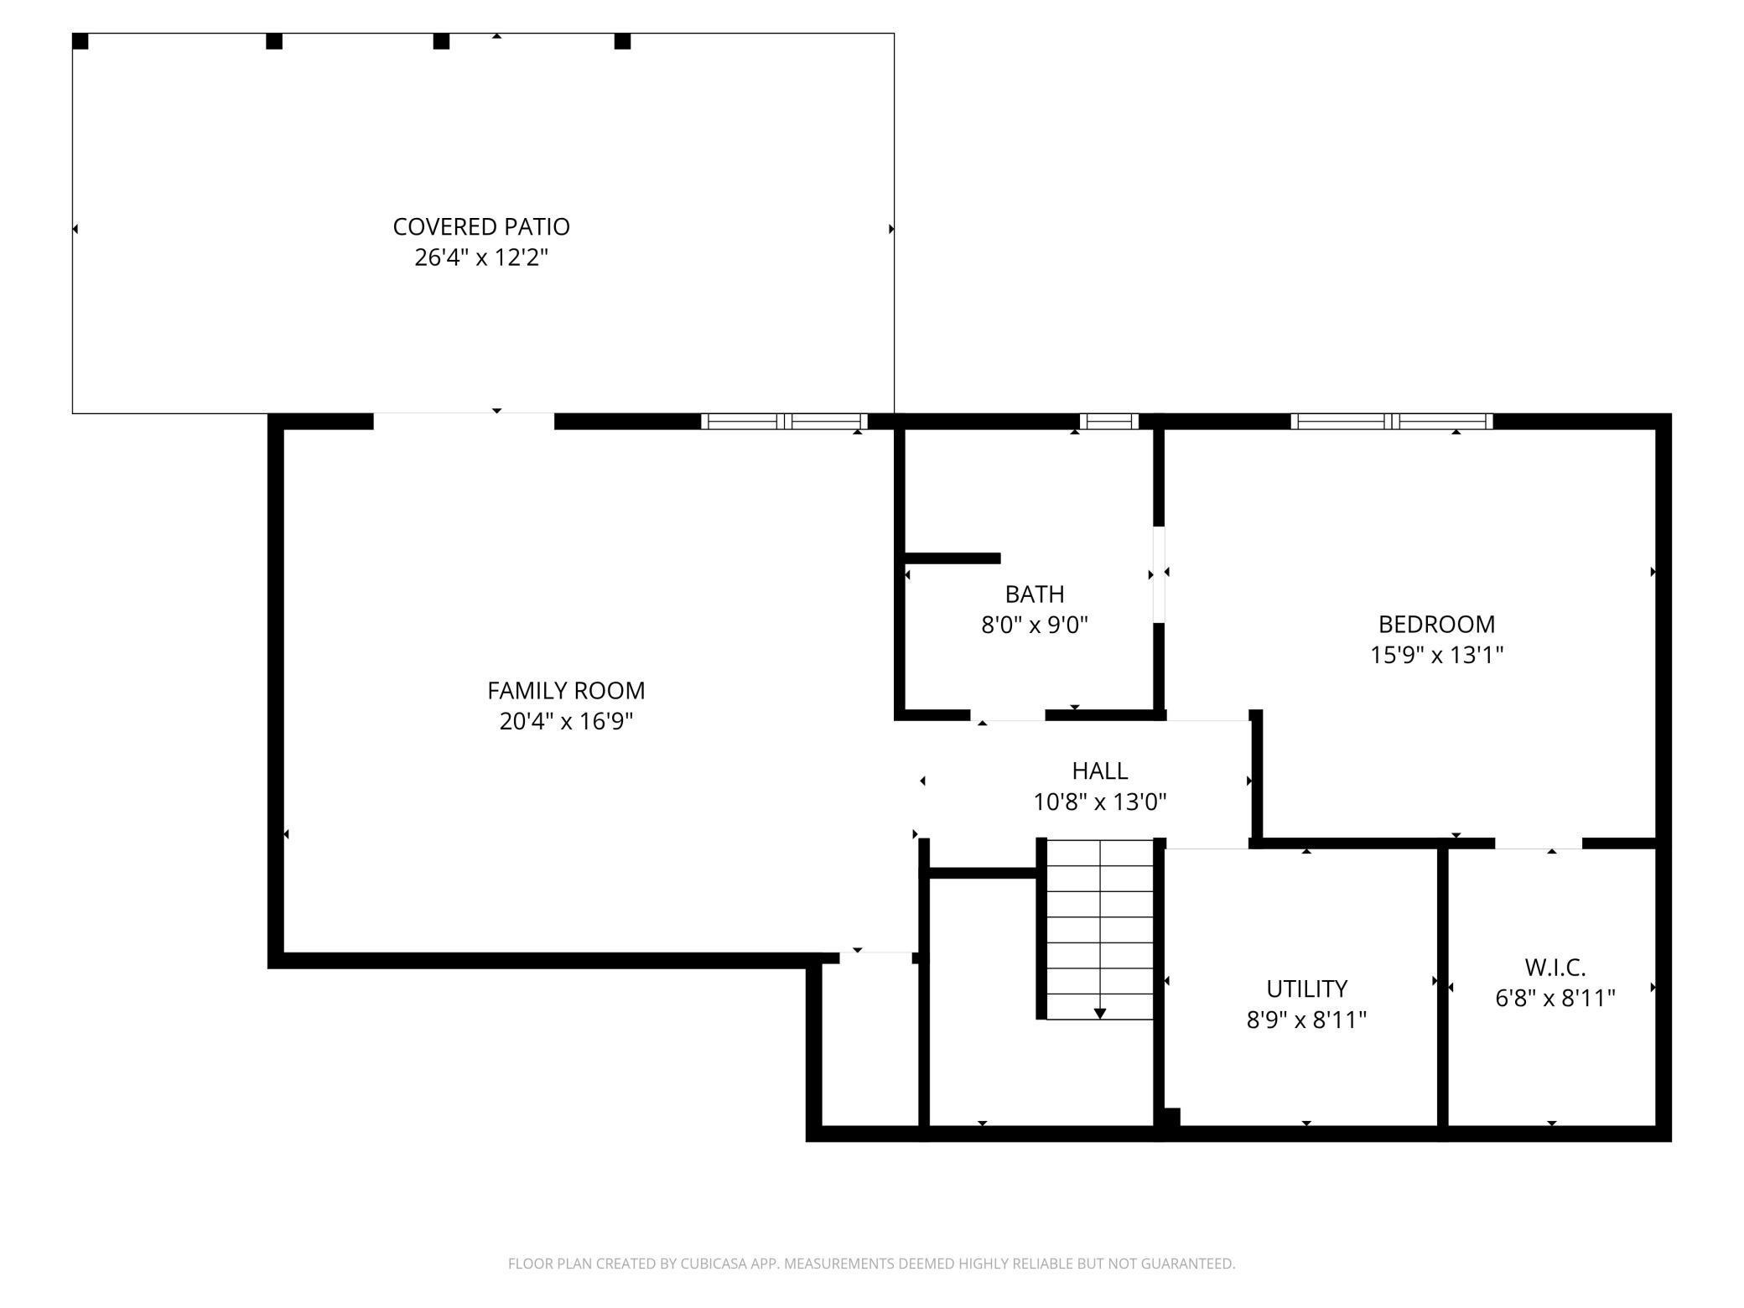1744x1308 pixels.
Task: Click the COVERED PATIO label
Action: (480, 226)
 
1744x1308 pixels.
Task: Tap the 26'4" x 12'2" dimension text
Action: (480, 257)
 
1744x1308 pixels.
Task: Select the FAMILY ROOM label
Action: (566, 690)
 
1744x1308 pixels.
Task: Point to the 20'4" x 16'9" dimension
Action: (566, 721)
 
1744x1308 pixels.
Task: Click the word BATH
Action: (1034, 594)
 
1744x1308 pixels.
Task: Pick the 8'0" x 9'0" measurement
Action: (1034, 625)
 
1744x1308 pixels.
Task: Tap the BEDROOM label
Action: (1436, 624)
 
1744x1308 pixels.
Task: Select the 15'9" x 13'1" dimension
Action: (1436, 655)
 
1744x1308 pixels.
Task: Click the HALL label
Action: (1099, 771)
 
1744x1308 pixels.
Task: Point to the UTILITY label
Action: (1306, 989)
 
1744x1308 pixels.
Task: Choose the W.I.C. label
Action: (1555, 968)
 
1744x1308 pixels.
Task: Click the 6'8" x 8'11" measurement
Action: (1555, 998)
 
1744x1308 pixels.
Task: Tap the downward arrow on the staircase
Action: (1099, 1014)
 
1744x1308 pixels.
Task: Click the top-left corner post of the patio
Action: (80, 41)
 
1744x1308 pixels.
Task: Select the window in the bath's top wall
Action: (1108, 422)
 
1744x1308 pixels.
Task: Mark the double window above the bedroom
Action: (1391, 422)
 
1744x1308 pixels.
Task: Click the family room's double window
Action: (784, 422)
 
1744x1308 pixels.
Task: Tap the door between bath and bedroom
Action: (1159, 574)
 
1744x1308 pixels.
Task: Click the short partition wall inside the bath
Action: (952, 558)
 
